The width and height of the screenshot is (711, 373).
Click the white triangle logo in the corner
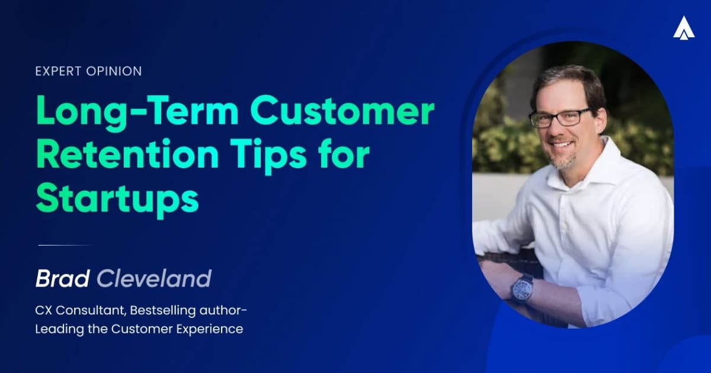coord(683,28)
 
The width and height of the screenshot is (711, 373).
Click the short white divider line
coord(65,245)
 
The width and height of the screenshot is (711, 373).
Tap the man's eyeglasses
coord(559,117)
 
